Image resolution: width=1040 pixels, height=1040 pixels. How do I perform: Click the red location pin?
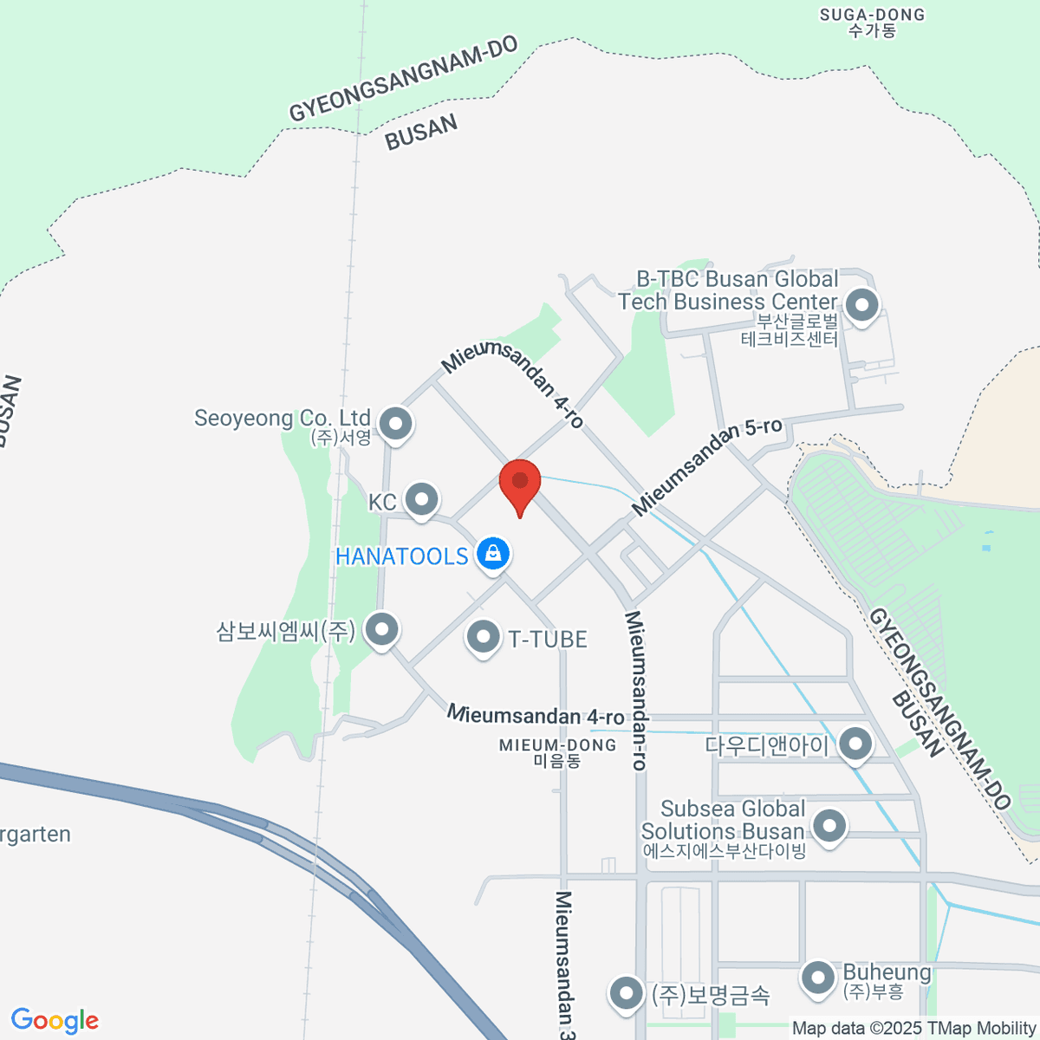point(520,483)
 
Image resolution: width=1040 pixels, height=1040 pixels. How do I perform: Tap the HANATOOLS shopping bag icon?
point(493,553)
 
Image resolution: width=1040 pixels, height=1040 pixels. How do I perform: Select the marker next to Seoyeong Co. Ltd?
point(397,424)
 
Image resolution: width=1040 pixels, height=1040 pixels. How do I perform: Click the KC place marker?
point(422,499)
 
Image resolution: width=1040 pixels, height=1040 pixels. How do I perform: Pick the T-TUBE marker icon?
point(483,639)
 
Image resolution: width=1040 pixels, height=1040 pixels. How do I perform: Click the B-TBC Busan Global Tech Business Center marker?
point(861,305)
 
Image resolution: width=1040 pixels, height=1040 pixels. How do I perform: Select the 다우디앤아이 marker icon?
point(855,744)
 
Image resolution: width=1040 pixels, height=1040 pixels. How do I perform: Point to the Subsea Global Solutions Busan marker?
point(829,825)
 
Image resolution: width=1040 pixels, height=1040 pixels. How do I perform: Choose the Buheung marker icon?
point(817,978)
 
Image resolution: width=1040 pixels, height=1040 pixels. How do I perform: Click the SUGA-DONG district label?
point(873,23)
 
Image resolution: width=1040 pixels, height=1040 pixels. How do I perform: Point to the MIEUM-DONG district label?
point(558,752)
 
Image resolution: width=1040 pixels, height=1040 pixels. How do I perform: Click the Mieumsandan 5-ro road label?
point(707,466)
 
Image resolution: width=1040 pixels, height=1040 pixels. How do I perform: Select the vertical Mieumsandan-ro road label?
point(636,690)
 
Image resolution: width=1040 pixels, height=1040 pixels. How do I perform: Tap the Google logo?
point(55,1021)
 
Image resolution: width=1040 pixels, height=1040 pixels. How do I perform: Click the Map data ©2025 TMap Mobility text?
point(913,1028)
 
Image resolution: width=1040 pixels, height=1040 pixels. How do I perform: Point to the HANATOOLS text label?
point(401,556)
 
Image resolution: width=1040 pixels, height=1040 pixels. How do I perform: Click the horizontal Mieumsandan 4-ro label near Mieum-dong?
point(536,716)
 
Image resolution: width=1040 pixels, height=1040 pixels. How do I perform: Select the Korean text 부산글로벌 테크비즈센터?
point(790,330)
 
